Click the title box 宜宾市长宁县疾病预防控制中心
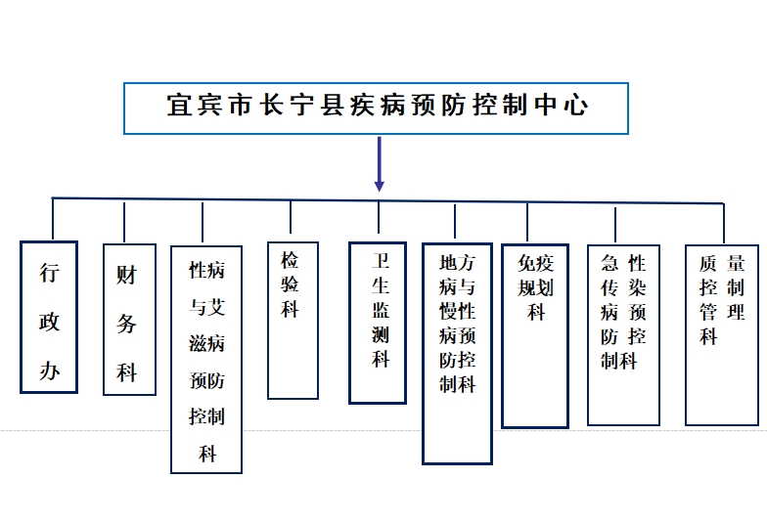pyautogui.click(x=376, y=108)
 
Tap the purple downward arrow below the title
pyautogui.click(x=379, y=164)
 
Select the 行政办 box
pyautogui.click(x=49, y=317)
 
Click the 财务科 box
pyautogui.click(x=129, y=319)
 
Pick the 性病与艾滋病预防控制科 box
pyautogui.click(x=206, y=360)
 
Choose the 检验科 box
pyautogui.click(x=293, y=321)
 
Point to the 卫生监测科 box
pyautogui.click(x=378, y=323)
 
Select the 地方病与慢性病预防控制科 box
pyautogui.click(x=458, y=354)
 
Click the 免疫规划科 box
pyautogui.click(x=535, y=336)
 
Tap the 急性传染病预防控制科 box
pyautogui.click(x=624, y=334)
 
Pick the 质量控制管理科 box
pyautogui.click(x=722, y=334)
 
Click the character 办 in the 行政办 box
pyautogui.click(x=49, y=370)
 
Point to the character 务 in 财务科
pyautogui.click(x=126, y=324)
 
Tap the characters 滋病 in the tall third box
pyautogui.click(x=207, y=344)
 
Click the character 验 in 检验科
pyautogui.click(x=290, y=283)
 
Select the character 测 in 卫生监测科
pyautogui.click(x=381, y=334)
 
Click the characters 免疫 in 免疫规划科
pyautogui.click(x=536, y=264)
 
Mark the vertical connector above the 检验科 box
pyautogui.click(x=291, y=217)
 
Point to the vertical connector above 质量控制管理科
pyautogui.click(x=724, y=223)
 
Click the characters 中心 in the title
pyautogui.click(x=562, y=106)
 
